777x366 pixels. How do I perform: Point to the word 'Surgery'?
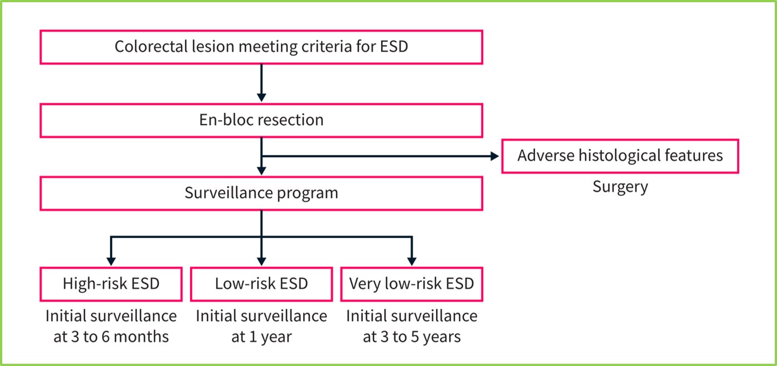pyautogui.click(x=620, y=187)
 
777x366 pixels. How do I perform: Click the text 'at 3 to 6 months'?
pyautogui.click(x=111, y=337)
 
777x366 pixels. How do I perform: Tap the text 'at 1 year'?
pyautogui.click(x=262, y=337)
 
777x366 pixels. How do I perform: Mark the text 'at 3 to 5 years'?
pyautogui.click(x=412, y=337)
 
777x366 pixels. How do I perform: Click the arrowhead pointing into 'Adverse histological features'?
pyautogui.click(x=495, y=156)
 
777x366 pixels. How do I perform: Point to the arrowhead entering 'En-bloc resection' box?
pyautogui.click(x=262, y=97)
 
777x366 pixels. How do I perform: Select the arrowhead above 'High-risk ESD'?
pyautogui.click(x=111, y=261)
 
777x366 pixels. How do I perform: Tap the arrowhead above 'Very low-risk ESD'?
pyautogui.click(x=412, y=261)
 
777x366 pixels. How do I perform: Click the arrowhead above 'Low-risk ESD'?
pyautogui.click(x=262, y=261)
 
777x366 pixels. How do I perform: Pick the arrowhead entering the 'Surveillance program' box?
pyautogui.click(x=262, y=171)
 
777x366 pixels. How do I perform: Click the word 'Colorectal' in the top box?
pyautogui.click(x=151, y=47)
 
